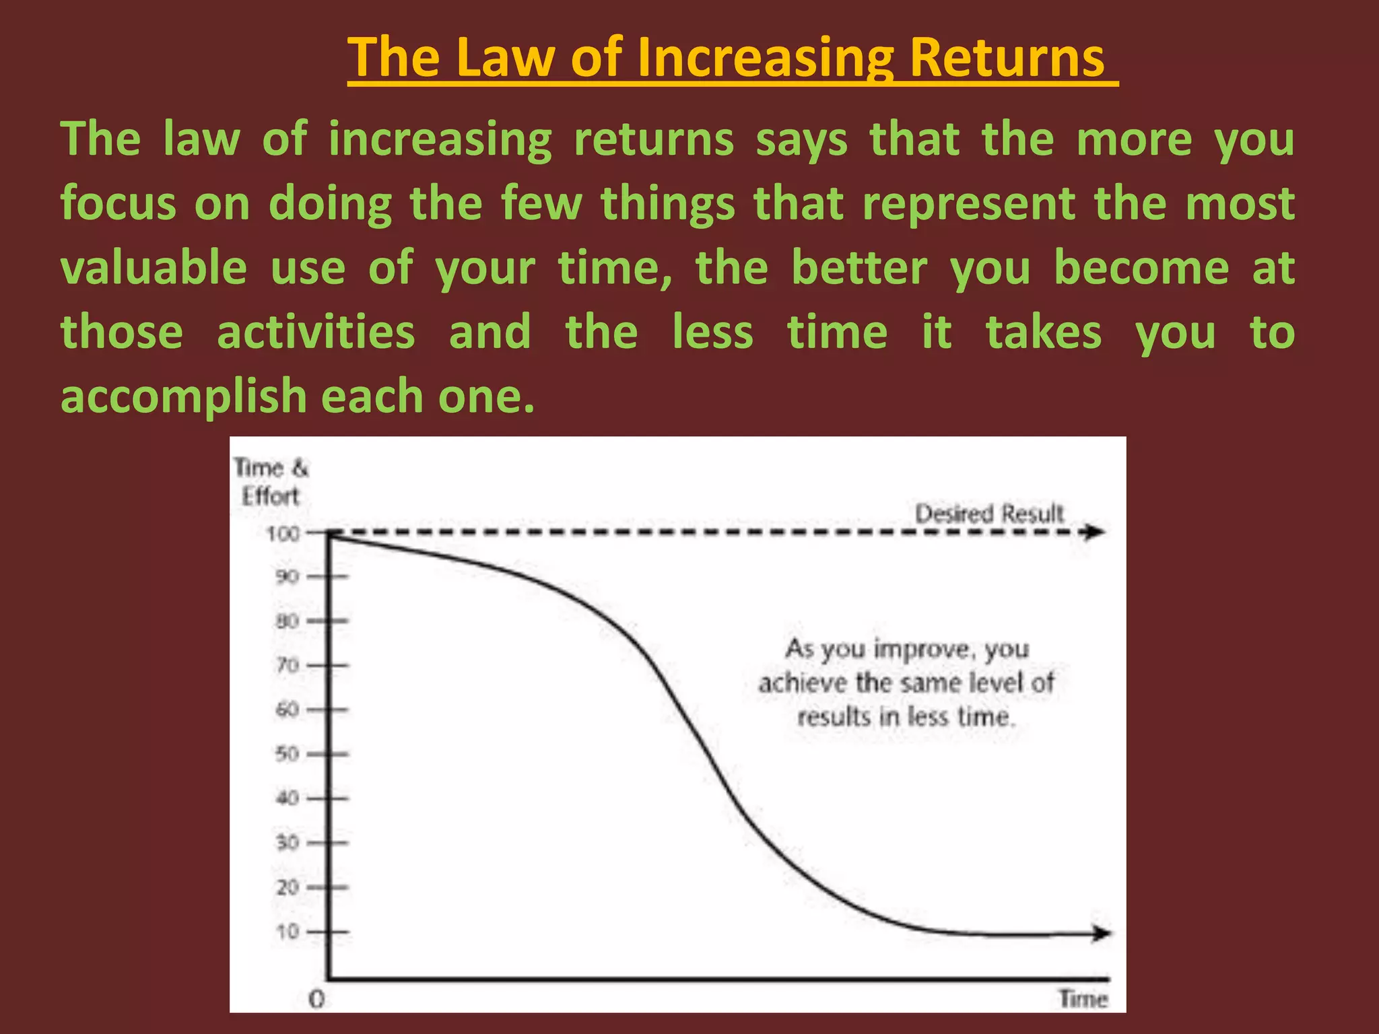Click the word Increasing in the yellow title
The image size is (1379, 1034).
pyautogui.click(x=765, y=58)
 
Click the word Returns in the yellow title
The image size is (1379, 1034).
pyautogui.click(x=1007, y=58)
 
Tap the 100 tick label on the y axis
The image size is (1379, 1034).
pyautogui.click(x=283, y=534)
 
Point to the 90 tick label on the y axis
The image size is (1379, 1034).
pyautogui.click(x=287, y=577)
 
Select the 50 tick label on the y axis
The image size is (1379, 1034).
pyautogui.click(x=287, y=754)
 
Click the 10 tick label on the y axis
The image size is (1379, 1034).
pyautogui.click(x=287, y=932)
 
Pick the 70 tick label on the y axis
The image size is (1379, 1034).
pyautogui.click(x=287, y=665)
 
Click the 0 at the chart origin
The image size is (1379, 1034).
pyautogui.click(x=316, y=1000)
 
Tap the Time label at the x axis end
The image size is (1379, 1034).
pyautogui.click(x=1083, y=998)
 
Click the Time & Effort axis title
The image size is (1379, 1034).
pyautogui.click(x=271, y=482)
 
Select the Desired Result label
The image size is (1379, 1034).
pyautogui.click(x=989, y=514)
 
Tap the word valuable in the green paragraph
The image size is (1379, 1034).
pyautogui.click(x=154, y=268)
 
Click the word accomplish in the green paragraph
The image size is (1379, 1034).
pyautogui.click(x=184, y=396)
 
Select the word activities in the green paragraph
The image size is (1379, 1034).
pyautogui.click(x=316, y=333)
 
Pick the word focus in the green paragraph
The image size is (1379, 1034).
pyautogui.click(x=119, y=204)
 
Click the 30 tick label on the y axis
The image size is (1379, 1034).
pyautogui.click(x=287, y=843)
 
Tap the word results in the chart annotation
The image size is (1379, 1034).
pyautogui.click(x=834, y=716)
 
